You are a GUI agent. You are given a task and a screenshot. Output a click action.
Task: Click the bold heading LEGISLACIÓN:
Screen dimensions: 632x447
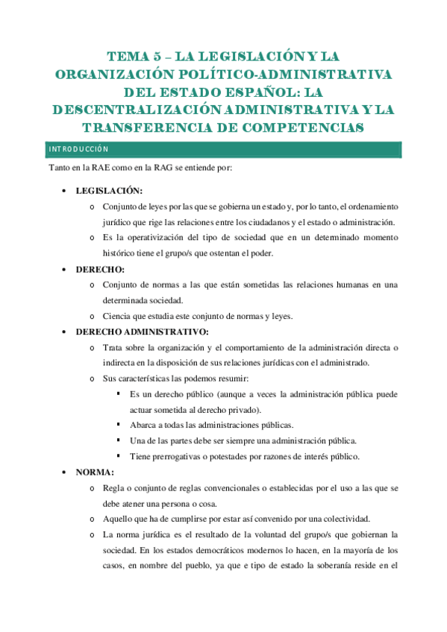pos(109,190)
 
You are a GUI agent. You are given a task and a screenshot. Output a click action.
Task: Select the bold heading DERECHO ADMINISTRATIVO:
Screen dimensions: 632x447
pos(143,332)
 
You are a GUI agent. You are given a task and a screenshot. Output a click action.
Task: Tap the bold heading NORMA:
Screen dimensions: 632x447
pos(94,473)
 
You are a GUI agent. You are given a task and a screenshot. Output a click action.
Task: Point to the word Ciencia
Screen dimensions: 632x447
pos(119,316)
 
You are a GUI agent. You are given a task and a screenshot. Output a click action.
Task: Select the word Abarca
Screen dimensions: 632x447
pos(143,425)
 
